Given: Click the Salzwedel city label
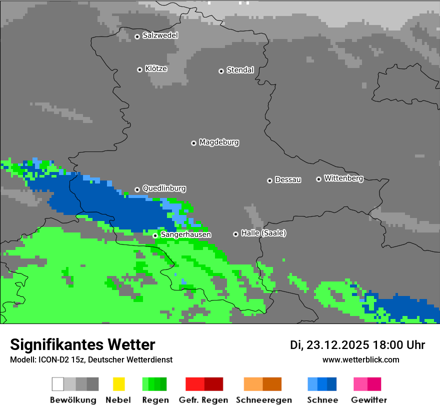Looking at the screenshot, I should [x=160, y=35].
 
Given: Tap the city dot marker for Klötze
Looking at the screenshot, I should [x=139, y=69].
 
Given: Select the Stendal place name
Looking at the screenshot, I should [x=240, y=70].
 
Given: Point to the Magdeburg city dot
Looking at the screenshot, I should [x=193, y=143].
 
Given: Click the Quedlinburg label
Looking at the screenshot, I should [x=164, y=188].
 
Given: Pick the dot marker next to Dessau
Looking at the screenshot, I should [x=269, y=180].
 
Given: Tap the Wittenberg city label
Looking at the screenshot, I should [x=343, y=178].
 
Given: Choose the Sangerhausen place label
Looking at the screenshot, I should [x=185, y=234].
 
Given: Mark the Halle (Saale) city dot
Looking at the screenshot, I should [x=235, y=234].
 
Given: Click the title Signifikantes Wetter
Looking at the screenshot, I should [x=82, y=344].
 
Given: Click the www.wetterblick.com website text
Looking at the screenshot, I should [x=360, y=359].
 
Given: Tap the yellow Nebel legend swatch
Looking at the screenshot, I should [x=118, y=384].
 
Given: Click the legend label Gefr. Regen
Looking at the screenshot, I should [x=203, y=400].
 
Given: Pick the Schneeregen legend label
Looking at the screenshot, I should [x=264, y=400].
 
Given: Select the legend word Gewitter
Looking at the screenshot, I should [x=369, y=400].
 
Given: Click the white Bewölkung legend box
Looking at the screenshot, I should [x=58, y=384].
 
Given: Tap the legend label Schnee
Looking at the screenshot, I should [x=322, y=400].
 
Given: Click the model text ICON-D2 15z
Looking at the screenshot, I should [x=59, y=359].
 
